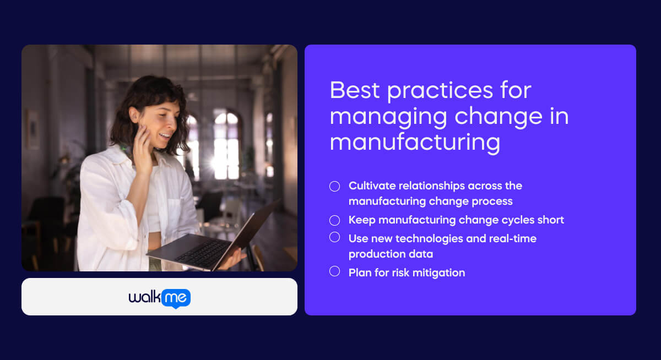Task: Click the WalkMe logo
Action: (159, 298)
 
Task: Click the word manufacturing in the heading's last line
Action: (415, 141)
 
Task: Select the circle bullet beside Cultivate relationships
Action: (334, 186)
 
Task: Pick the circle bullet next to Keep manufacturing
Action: (334, 220)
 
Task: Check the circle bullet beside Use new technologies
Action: (334, 237)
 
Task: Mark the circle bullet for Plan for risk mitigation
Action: (334, 271)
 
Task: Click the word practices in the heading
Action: (437, 90)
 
